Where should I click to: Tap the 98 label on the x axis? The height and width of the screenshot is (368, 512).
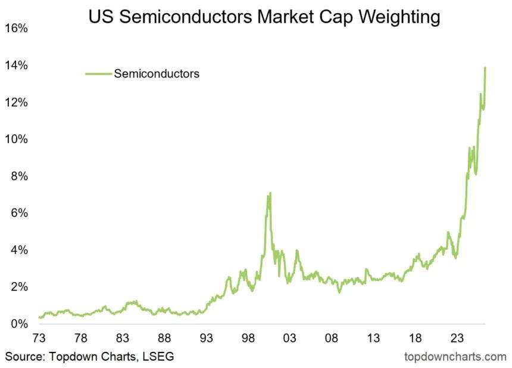[x=248, y=338]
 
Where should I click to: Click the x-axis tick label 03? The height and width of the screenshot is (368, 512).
[x=290, y=338]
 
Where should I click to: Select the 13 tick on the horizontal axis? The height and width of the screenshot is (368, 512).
[x=373, y=338]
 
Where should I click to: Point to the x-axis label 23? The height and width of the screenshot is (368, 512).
[x=457, y=338]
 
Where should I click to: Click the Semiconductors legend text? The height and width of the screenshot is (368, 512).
[x=156, y=74]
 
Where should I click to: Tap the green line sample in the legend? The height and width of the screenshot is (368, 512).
[x=98, y=74]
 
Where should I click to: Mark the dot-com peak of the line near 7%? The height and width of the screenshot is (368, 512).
[x=270, y=193]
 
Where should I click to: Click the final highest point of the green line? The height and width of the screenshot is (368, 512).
[x=485, y=67]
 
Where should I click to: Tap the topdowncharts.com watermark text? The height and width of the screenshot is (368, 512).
[x=455, y=357]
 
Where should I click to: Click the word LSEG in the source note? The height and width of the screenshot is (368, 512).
[x=158, y=357]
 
